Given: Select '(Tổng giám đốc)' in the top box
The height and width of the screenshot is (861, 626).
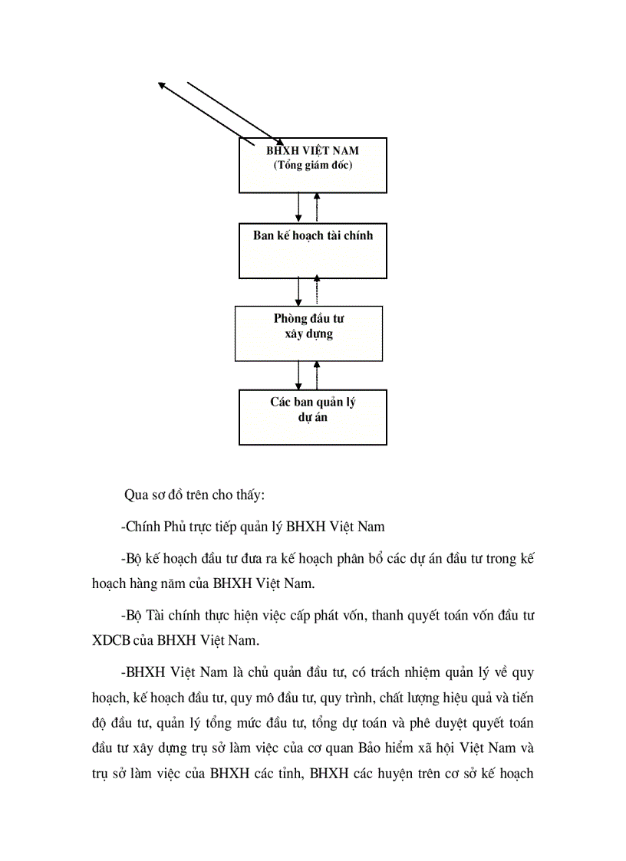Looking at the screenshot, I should (x=313, y=165).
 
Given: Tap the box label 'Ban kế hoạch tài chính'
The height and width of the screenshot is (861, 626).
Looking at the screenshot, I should (x=313, y=235).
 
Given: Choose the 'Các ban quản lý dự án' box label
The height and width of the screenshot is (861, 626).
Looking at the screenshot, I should (x=312, y=409).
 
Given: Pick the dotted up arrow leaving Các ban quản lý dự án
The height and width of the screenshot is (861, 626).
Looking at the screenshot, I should (x=317, y=375).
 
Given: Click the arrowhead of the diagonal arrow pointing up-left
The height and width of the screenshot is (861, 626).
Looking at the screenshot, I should (x=162, y=85).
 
